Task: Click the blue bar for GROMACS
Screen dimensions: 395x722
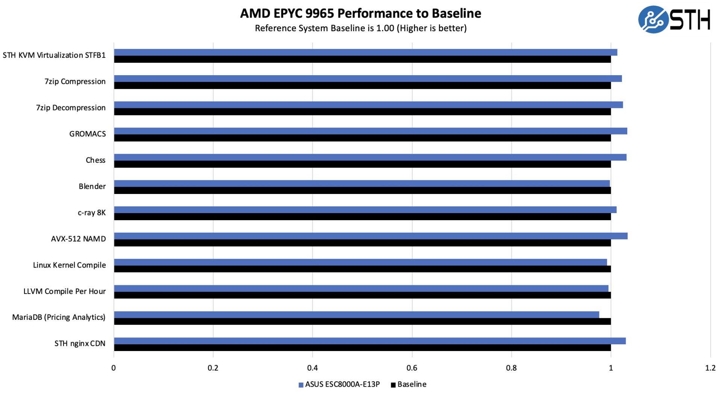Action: (370, 131)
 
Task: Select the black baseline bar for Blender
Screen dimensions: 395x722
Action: (362, 191)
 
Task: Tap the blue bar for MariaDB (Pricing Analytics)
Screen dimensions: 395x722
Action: (356, 315)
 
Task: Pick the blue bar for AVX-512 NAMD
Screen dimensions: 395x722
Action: (370, 236)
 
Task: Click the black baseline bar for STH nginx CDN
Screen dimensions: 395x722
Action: (362, 348)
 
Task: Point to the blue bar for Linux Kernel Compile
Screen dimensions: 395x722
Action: (360, 262)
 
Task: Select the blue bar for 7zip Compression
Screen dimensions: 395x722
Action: (368, 78)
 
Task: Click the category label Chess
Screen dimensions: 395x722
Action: (96, 160)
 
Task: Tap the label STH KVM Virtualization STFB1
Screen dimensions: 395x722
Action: (54, 55)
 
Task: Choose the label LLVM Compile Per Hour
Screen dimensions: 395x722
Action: (64, 291)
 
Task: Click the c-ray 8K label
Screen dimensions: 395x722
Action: (92, 213)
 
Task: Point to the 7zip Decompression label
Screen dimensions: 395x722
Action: (71, 108)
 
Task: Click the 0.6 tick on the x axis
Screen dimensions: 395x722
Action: (412, 368)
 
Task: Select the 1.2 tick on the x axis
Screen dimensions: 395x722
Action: (710, 368)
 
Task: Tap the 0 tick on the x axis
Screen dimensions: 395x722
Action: (114, 368)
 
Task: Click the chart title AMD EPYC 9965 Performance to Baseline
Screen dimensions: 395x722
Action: (361, 14)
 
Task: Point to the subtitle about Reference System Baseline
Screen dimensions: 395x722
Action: (361, 28)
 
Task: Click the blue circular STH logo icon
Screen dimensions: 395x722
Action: (653, 20)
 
